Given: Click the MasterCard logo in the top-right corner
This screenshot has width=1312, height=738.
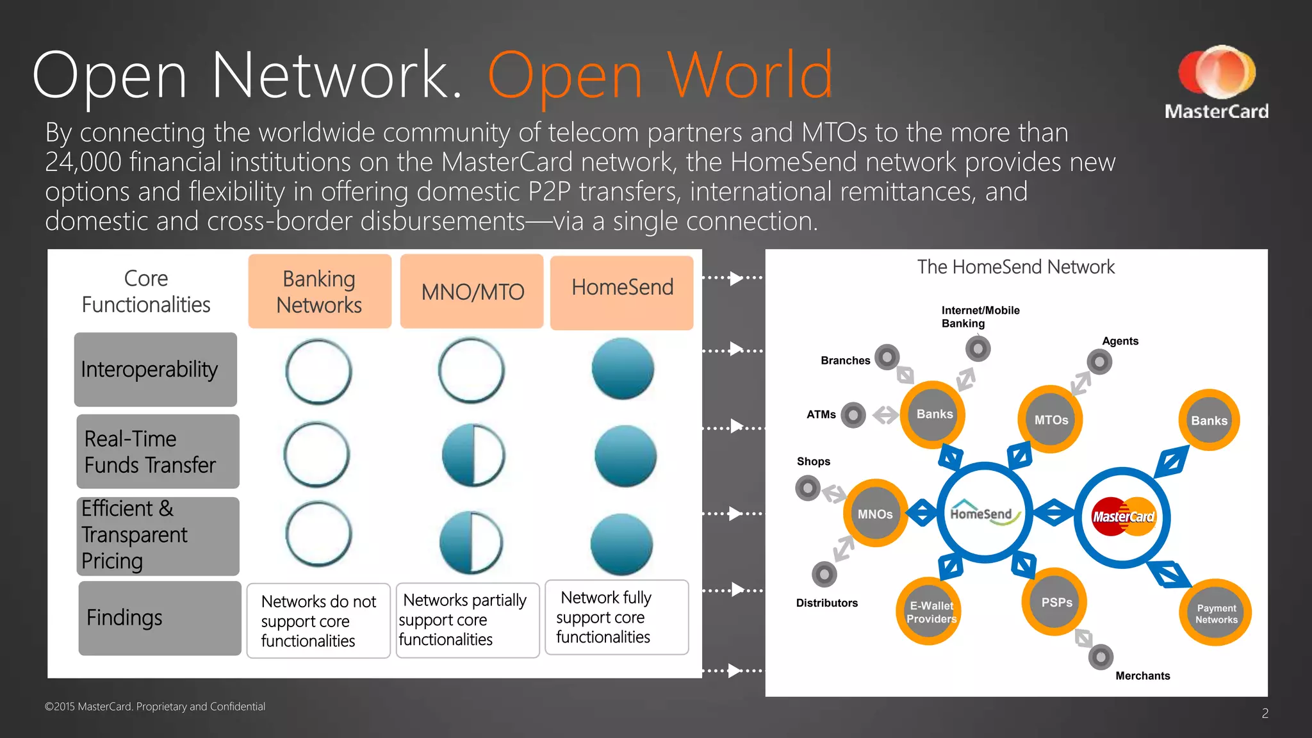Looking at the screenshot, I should (1216, 82).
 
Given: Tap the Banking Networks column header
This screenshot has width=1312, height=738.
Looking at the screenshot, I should (319, 291).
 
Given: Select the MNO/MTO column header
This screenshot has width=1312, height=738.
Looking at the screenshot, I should (472, 291).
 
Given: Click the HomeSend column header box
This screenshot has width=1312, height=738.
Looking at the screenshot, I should (621, 292).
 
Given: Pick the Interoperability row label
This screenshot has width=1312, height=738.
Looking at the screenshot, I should (155, 370).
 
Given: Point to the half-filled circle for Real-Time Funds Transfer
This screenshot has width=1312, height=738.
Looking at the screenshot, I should (473, 455).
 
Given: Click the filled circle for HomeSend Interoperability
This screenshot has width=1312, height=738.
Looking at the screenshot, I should (623, 369).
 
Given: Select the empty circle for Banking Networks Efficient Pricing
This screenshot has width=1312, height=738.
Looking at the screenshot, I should (318, 534).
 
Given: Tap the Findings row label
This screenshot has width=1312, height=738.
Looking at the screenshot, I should (159, 618).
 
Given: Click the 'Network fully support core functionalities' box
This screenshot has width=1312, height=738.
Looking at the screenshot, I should (616, 617).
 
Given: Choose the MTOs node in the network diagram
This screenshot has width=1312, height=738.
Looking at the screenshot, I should (1050, 420).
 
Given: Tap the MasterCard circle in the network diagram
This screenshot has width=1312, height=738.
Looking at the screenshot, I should (1122, 516).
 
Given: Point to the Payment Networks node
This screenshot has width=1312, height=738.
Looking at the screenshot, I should (1215, 614).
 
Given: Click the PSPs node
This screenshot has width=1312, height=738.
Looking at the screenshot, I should (1055, 602).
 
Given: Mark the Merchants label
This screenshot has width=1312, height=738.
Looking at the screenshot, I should (1142, 675).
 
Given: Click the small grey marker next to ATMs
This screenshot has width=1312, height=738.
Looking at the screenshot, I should (853, 415).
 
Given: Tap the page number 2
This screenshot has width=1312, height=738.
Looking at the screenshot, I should (1265, 713).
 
